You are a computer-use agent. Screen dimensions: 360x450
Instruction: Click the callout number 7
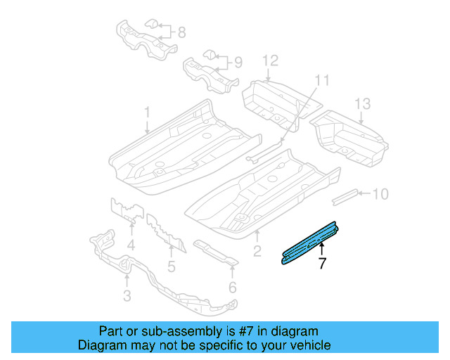click(322, 264)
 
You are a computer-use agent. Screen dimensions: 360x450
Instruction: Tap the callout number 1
click(148, 112)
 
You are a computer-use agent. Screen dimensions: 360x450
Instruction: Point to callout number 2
click(257, 251)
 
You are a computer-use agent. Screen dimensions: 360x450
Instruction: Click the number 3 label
click(127, 296)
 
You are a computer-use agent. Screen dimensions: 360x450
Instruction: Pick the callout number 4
click(131, 245)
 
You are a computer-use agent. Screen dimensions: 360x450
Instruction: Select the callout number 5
click(171, 266)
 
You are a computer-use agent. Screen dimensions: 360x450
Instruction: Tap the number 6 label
click(232, 287)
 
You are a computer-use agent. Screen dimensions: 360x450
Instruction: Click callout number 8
click(181, 32)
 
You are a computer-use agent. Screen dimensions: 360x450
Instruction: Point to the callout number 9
click(238, 63)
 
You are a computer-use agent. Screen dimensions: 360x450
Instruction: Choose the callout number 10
click(380, 193)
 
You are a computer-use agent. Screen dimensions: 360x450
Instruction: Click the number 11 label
click(321, 81)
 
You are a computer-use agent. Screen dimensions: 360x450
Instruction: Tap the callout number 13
click(361, 105)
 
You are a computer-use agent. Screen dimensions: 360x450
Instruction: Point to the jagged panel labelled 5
click(165, 232)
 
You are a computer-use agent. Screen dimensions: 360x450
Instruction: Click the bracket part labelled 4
click(126, 211)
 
